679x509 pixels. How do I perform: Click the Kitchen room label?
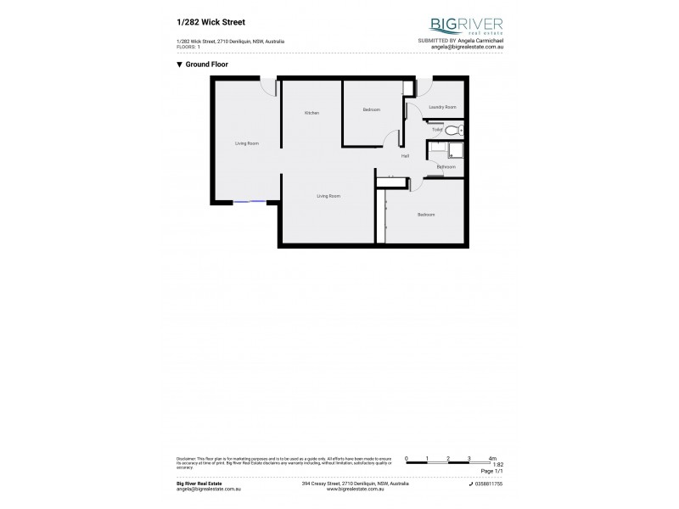point(311,113)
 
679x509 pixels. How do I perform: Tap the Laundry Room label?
point(442,107)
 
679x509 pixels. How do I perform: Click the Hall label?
point(406,157)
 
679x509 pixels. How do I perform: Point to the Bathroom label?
point(446,167)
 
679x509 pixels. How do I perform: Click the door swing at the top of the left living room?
point(268,85)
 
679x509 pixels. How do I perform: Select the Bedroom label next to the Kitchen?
point(371,109)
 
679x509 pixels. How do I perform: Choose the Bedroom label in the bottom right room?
point(425,215)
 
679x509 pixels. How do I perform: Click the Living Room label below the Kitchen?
point(328,196)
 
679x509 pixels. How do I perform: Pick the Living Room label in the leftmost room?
point(246,143)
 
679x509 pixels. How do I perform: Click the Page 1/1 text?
point(492,470)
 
